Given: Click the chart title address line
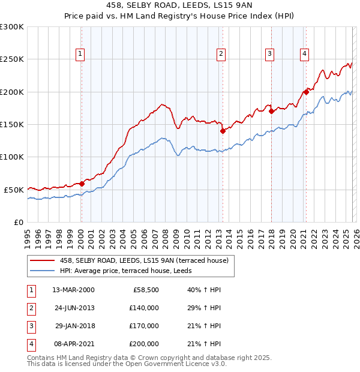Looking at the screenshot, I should [x=179, y=6].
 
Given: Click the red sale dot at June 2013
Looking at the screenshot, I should [x=223, y=131].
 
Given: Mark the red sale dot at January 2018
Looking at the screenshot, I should [x=271, y=111].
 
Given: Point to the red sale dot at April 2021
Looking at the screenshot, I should [x=305, y=92].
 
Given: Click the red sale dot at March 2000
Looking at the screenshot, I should [x=82, y=184].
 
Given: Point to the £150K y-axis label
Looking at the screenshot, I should [x=12, y=124].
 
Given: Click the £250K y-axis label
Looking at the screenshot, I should [x=12, y=59].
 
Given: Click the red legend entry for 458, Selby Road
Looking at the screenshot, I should [x=144, y=260].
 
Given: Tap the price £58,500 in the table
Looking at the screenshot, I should [x=145, y=290].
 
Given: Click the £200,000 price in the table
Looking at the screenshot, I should [x=144, y=344].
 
